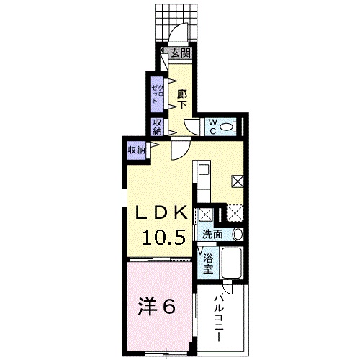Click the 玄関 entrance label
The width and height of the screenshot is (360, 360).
181,53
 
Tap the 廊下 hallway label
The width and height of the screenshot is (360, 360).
182,99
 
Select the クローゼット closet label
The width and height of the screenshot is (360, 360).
158,94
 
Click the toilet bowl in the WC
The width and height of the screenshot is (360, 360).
228,127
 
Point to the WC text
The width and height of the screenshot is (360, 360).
212,127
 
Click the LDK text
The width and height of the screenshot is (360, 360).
161,212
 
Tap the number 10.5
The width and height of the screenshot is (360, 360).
164,238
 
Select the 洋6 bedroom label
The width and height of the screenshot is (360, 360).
156,307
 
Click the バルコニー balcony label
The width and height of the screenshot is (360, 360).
219,318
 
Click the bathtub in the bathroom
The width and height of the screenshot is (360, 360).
231,263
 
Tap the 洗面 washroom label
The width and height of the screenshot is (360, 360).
212,234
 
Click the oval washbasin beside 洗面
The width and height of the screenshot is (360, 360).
238,234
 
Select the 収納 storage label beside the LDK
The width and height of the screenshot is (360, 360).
136,150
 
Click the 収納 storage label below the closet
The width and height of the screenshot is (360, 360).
157,127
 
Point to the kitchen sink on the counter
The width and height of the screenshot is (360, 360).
204,169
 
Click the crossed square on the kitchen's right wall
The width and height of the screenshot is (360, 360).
238,181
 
